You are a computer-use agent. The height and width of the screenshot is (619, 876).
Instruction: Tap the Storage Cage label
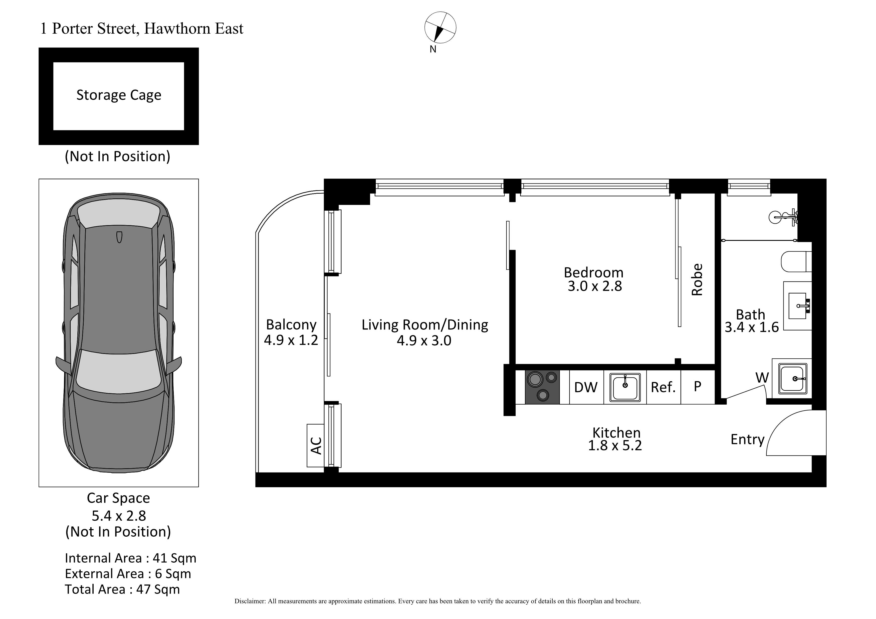(x=119, y=95)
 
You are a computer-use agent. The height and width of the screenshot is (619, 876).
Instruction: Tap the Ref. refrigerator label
(x=663, y=387)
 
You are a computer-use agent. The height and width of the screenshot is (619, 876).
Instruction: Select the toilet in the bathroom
(x=796, y=261)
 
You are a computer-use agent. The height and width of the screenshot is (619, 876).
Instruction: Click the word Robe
(x=697, y=280)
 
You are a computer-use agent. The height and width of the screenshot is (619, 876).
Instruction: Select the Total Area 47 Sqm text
(x=122, y=589)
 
